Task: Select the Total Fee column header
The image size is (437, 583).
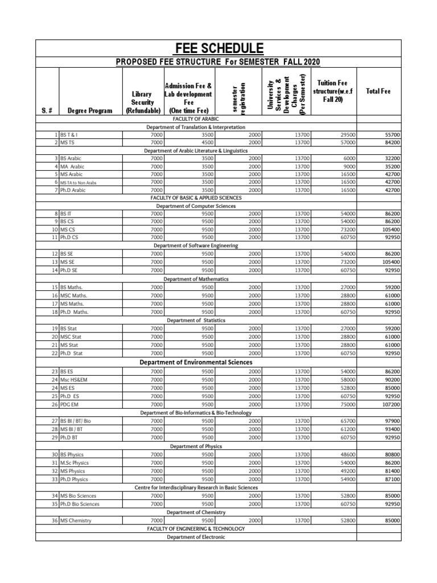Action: click(x=378, y=91)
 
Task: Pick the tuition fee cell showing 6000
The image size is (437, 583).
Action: click(x=349, y=158)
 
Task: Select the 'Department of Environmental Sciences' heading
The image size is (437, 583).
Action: click(x=196, y=362)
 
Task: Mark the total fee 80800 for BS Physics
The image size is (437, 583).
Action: click(x=391, y=455)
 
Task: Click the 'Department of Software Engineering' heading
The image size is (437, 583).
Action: click(x=196, y=245)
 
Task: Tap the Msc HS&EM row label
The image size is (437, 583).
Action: click(x=78, y=379)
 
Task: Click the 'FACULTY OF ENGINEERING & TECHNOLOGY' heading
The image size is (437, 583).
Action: click(x=196, y=528)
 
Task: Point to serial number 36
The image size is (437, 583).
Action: click(x=55, y=520)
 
